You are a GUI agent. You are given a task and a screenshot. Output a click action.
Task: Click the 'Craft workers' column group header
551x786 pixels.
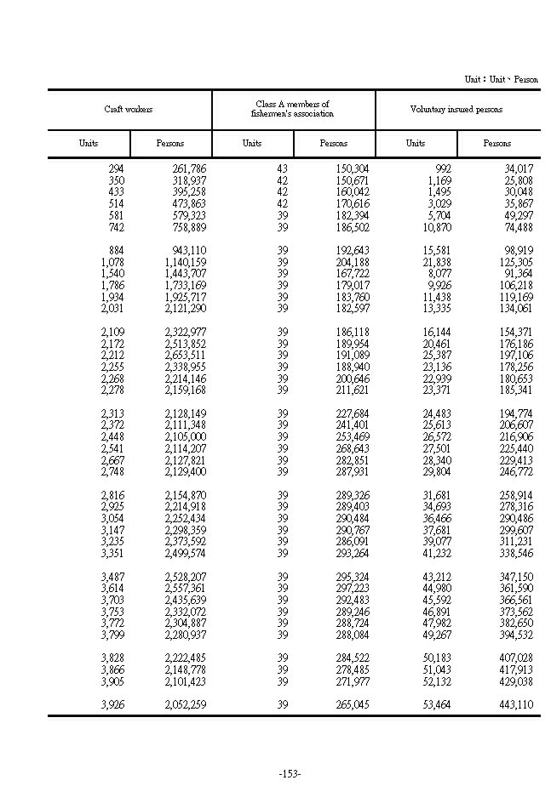point(129,110)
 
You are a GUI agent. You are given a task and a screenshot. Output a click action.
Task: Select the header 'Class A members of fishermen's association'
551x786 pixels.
point(292,109)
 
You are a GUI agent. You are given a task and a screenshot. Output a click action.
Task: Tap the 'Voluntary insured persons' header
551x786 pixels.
point(456,110)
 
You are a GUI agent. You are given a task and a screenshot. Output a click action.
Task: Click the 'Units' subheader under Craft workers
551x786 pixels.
point(89,144)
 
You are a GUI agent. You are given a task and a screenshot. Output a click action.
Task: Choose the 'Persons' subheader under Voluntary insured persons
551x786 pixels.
point(497,144)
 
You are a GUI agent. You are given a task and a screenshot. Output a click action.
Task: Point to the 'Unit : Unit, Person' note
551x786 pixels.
point(501,79)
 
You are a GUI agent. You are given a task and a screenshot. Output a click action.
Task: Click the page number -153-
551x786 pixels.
point(290,773)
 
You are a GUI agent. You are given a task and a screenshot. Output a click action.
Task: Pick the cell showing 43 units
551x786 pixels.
point(283,169)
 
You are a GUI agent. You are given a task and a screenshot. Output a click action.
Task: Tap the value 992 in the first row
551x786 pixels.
point(443,169)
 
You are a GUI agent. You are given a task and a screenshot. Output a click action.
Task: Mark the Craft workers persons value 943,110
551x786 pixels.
point(185,251)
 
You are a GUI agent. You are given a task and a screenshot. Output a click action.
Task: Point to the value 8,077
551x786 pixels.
point(439,274)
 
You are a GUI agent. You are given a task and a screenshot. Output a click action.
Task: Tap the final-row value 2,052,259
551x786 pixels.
point(185,704)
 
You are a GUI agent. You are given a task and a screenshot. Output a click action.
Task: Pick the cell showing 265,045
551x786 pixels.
point(352,704)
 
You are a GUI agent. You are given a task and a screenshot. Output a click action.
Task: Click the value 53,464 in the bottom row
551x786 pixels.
point(437,704)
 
